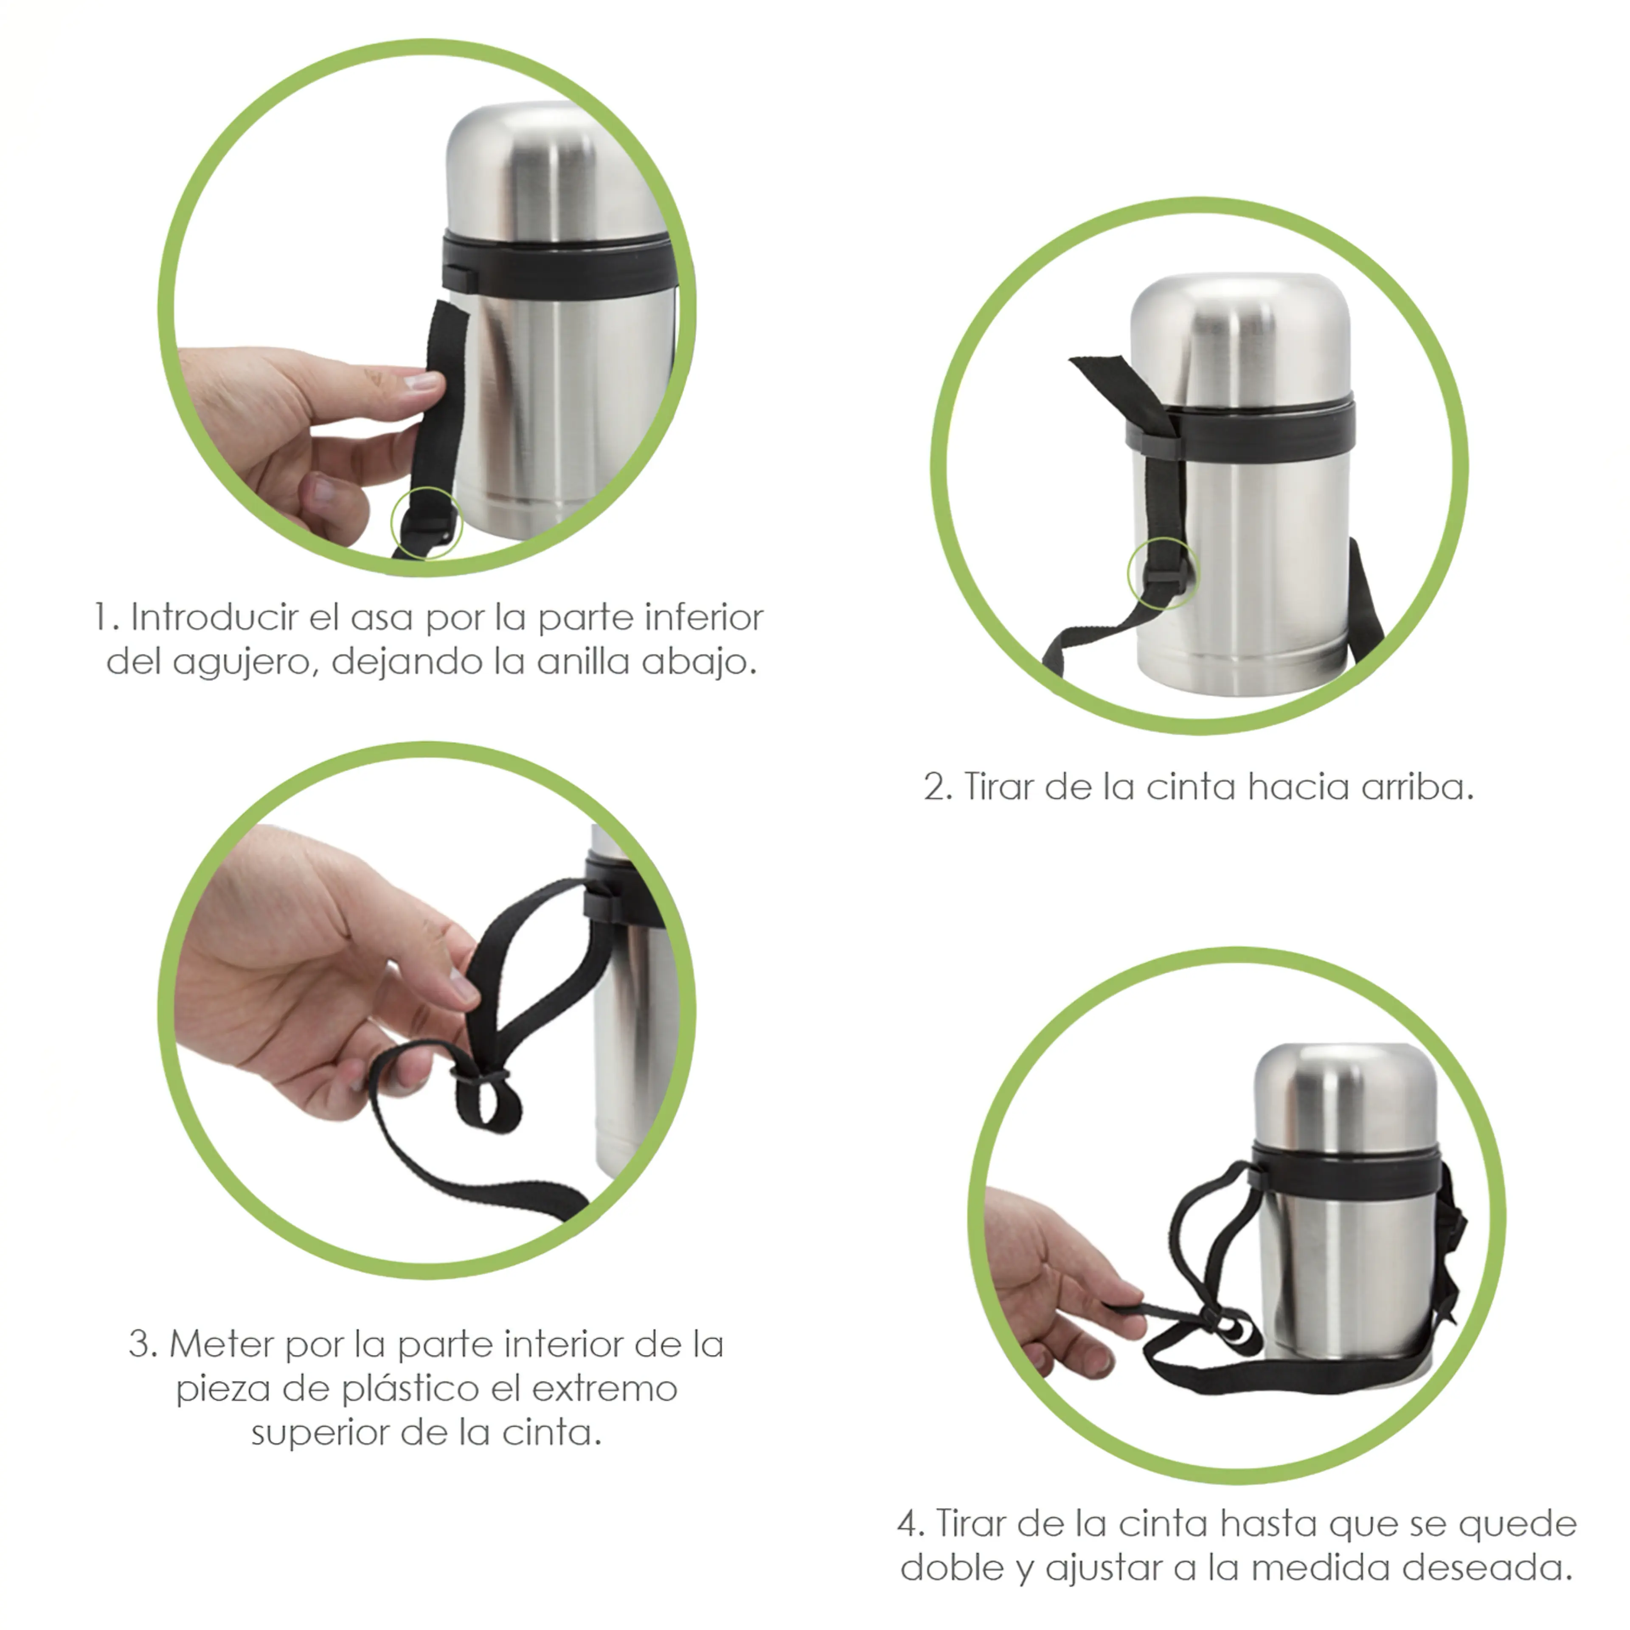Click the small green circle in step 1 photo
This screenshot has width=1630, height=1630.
427,522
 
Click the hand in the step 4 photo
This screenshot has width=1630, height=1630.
1046,1282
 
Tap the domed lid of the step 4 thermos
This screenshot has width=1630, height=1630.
1346,1093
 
